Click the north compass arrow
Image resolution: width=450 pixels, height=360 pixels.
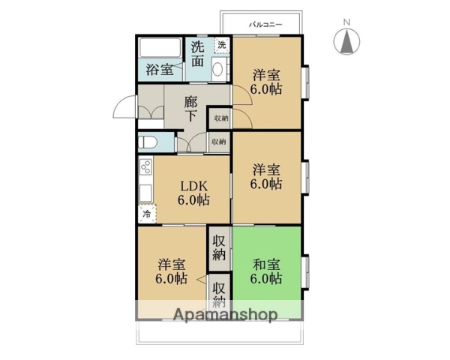[x=348, y=43]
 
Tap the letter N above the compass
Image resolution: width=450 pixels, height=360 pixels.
[x=346, y=22]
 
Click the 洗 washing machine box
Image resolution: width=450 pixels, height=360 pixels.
[x=221, y=45]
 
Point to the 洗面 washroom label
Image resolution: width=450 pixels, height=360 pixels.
[x=196, y=55]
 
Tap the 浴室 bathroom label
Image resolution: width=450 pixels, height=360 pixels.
[x=159, y=70]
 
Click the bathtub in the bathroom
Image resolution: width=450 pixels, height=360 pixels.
[x=159, y=49]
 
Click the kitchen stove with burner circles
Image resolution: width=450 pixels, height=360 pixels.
[x=145, y=168]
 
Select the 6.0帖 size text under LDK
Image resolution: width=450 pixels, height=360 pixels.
[x=193, y=200]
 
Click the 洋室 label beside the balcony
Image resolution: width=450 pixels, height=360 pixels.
[x=266, y=74]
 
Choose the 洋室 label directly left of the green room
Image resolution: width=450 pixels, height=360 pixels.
[x=171, y=264]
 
